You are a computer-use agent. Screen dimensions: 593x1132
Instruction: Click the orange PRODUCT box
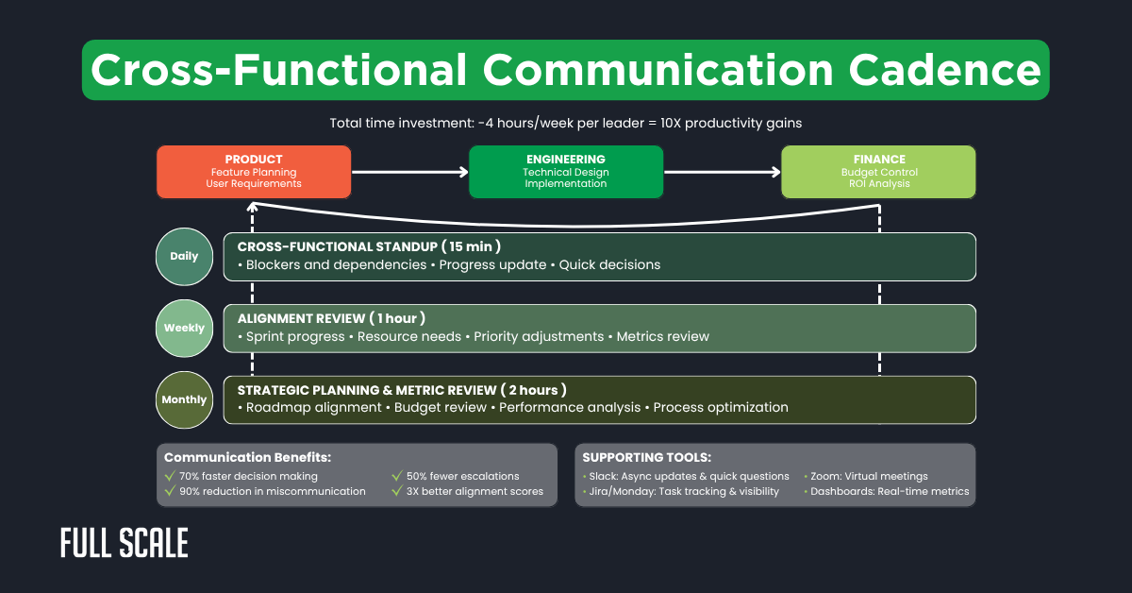[254, 172]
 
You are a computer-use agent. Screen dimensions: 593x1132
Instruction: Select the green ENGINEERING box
[565, 172]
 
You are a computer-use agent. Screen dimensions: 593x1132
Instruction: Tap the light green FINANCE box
[878, 172]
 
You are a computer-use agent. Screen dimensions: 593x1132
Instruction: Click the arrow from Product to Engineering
[409, 172]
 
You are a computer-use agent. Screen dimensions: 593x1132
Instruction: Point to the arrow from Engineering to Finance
[722, 172]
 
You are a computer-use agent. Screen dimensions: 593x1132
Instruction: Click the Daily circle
[184, 257]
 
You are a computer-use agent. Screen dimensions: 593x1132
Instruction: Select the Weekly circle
[184, 328]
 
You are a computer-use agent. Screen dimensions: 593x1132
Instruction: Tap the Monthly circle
[184, 399]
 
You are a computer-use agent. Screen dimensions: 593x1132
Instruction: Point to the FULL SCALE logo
[124, 543]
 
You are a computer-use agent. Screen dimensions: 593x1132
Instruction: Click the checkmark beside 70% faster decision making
[170, 476]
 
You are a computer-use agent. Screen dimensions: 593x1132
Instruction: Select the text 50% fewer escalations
[462, 476]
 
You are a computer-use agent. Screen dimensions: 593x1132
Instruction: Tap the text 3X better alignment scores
[474, 491]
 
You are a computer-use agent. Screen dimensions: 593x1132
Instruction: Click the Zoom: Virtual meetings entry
[868, 476]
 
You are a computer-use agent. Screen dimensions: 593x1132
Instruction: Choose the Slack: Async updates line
[688, 476]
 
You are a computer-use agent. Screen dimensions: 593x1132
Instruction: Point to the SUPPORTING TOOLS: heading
[646, 457]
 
